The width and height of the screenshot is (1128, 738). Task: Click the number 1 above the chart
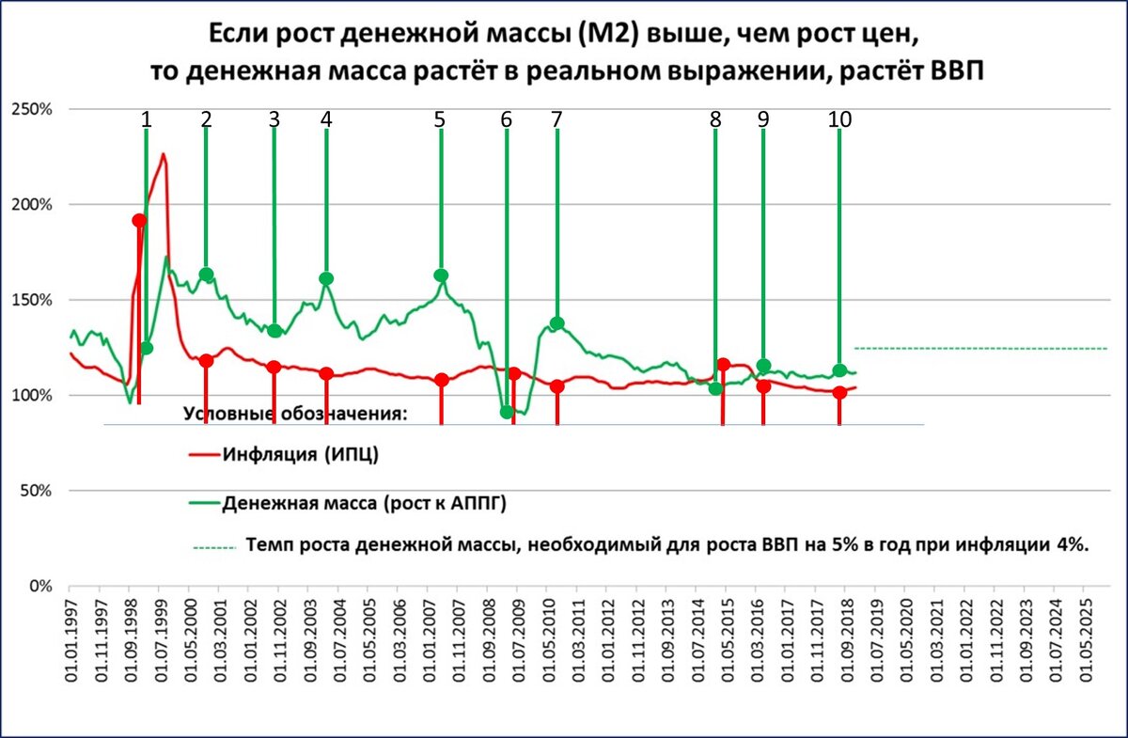[146, 119]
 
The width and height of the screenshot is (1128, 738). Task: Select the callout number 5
[440, 119]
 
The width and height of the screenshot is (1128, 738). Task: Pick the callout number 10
[839, 119]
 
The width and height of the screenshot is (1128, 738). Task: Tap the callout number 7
[556, 119]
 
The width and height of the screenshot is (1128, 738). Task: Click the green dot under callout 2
[206, 275]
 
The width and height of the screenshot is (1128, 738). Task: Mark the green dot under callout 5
[441, 275]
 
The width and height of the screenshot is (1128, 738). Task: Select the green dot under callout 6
[508, 412]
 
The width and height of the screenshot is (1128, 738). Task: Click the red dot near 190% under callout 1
[139, 220]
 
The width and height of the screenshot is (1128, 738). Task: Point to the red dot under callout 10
[839, 392]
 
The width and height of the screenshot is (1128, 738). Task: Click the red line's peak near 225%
[164, 154]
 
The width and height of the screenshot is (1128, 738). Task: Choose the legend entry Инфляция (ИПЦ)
[301, 455]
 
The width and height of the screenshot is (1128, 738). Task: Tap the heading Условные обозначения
[294, 415]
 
